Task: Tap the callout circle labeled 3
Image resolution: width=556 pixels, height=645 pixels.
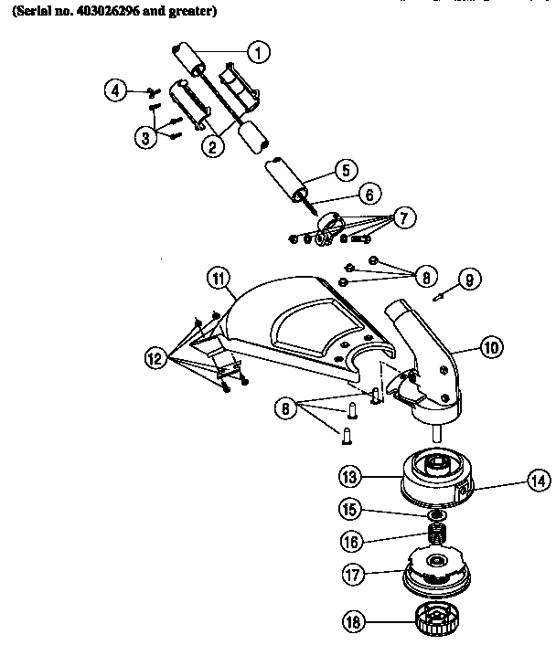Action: pos(145,137)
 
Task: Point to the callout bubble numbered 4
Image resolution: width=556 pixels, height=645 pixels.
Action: pos(115,90)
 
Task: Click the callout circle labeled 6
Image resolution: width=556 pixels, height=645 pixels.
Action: pos(369,194)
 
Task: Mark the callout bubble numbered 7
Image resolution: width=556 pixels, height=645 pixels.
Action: pos(405,218)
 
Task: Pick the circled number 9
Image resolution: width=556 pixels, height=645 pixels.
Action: pos(468,280)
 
